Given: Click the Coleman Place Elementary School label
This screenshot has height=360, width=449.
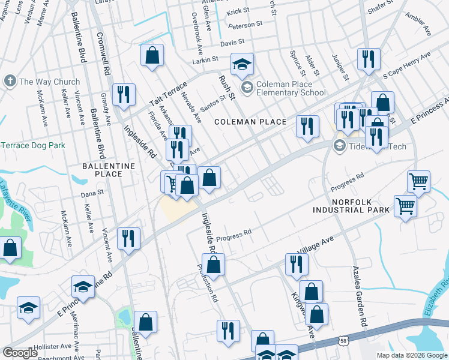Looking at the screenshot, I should [291, 88].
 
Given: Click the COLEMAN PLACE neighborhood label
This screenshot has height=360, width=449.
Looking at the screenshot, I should [251, 122].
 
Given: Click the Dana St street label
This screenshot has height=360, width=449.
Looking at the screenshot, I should [92, 194].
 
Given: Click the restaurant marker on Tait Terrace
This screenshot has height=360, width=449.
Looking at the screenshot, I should [124, 94].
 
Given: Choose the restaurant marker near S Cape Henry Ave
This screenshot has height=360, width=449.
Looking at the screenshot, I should [367, 58].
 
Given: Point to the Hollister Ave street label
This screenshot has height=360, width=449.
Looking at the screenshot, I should [53, 346].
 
